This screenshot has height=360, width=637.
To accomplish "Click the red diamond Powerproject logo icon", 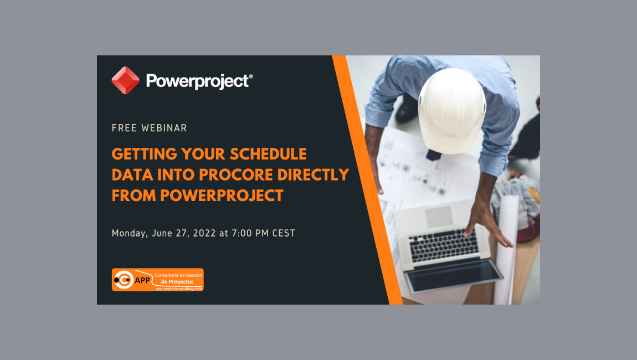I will (x=125, y=80).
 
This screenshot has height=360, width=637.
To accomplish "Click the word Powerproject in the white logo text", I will (x=198, y=81).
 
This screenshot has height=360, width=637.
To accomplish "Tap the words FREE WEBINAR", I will (x=149, y=128).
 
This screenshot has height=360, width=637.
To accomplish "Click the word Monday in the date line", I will (x=129, y=234).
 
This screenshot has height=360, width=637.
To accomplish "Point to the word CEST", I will (x=283, y=233).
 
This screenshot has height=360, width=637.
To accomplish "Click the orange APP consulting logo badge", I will (x=157, y=280).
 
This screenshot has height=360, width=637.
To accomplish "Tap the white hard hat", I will (x=451, y=109).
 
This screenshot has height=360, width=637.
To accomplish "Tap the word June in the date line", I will (x=162, y=233).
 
